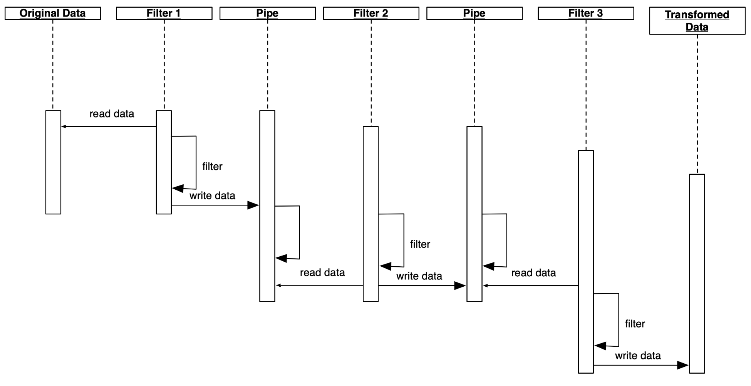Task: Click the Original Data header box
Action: point(53,13)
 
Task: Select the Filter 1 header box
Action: point(164,13)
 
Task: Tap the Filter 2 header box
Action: point(371,13)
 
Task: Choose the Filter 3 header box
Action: point(586,13)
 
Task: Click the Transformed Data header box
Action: point(697,21)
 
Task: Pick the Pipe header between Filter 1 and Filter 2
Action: point(267,13)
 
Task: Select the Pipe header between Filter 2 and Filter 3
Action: point(474,13)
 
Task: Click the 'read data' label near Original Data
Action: point(112,114)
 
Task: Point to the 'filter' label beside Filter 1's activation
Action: point(212,167)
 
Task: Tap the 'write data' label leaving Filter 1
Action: point(212,196)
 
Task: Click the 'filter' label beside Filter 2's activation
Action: point(420,244)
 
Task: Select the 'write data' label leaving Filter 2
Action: point(419,276)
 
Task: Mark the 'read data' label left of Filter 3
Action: point(533,273)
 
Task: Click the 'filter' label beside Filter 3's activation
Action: point(635,324)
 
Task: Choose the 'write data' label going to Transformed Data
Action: point(638,356)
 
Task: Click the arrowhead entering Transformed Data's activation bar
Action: point(683,365)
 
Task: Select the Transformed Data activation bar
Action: point(697,274)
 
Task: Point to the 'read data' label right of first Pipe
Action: point(322,273)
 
